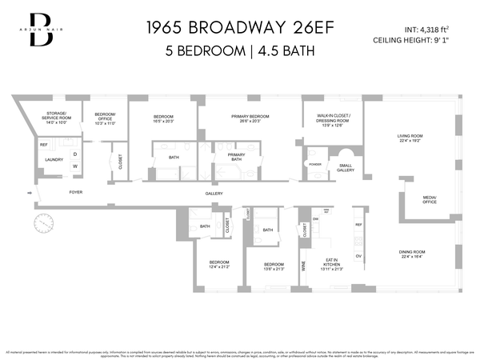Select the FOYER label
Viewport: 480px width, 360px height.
76,193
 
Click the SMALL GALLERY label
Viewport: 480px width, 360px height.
346,168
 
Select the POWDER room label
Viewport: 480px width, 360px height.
315,163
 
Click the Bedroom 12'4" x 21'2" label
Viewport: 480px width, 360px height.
219,264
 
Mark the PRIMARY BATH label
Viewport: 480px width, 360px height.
236,157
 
